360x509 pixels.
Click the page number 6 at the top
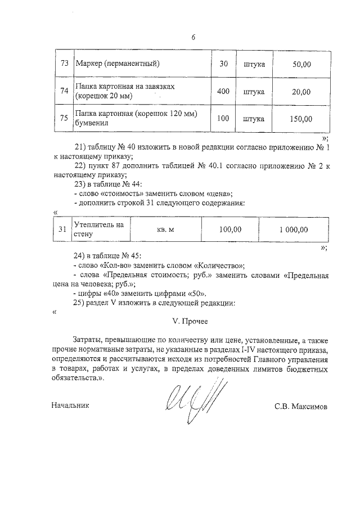pos(193,38)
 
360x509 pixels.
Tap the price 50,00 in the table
pos(301,64)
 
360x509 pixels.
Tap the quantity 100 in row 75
pos(223,119)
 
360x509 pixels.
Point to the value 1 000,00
pos(294,229)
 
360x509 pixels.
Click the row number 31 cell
pos(62,229)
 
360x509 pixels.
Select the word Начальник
pos(70,405)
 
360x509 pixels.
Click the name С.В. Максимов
pos(300,405)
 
